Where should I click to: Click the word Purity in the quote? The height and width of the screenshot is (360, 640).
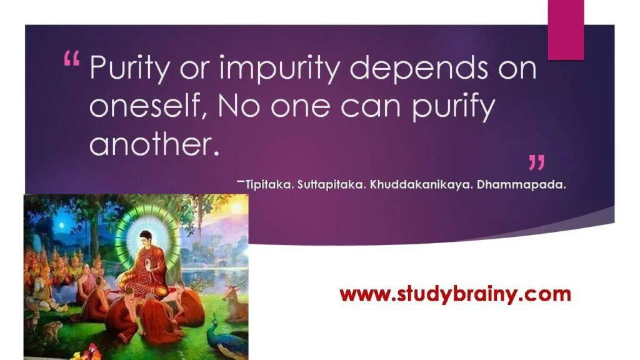pyautogui.click(x=129, y=68)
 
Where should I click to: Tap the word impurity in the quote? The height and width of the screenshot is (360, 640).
pyautogui.click(x=278, y=68)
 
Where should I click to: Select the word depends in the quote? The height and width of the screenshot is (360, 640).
pyautogui.click(x=419, y=68)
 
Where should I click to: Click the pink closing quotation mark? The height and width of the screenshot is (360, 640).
pyautogui.click(x=536, y=162)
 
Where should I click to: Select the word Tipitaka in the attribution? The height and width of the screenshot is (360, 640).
pyautogui.click(x=269, y=185)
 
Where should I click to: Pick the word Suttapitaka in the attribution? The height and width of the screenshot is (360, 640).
pyautogui.click(x=331, y=185)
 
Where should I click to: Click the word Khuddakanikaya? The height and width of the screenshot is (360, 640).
pyautogui.click(x=421, y=185)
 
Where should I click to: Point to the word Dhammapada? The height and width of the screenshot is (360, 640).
pyautogui.click(x=521, y=185)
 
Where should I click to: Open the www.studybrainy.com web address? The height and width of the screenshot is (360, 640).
pyautogui.click(x=455, y=294)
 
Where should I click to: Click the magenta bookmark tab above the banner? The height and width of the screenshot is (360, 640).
pyautogui.click(x=566, y=29)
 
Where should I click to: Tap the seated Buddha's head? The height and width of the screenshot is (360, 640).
pyautogui.click(x=145, y=240)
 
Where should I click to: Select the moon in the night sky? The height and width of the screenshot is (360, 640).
pyautogui.click(x=62, y=225)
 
